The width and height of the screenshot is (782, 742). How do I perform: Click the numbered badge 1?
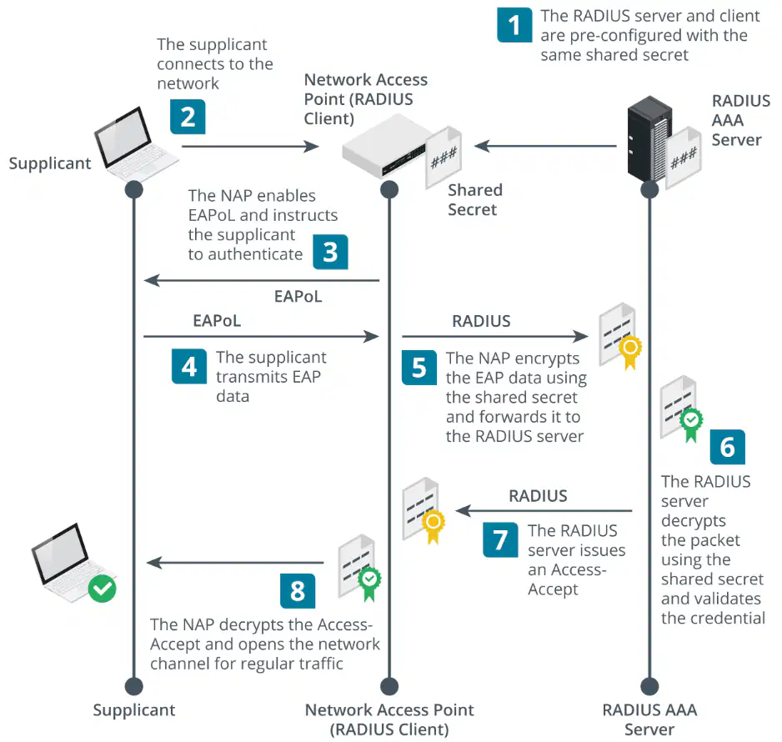click(514, 25)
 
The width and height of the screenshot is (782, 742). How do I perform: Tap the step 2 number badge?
click(188, 117)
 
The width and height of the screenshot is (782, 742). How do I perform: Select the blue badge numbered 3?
click(330, 252)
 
